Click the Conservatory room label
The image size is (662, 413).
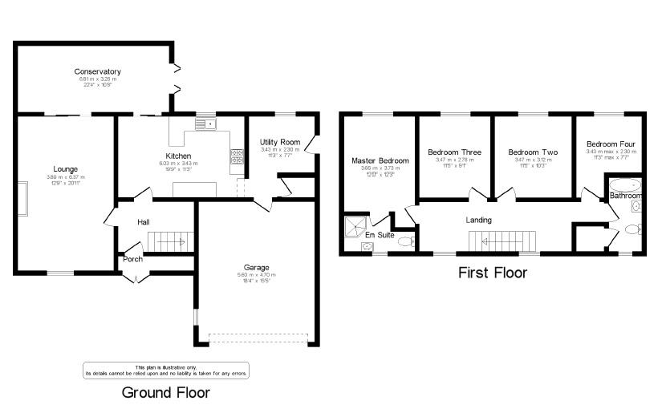pos(98,71)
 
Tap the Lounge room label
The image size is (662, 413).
pos(66,169)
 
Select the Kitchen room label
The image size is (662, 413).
pos(178,156)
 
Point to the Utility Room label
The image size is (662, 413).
pos(279,141)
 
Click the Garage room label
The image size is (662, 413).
pos(257,267)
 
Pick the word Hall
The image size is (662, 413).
pos(144,222)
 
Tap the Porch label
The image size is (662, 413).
pos(132,259)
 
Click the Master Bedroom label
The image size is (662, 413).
pos(380,160)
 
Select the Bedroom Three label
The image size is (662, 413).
pos(454,152)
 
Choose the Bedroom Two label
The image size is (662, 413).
pos(533,152)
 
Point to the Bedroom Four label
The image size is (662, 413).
pos(611,144)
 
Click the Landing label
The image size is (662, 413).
pos(479,220)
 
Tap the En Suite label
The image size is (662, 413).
pos(379,235)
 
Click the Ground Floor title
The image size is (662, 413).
pos(165,393)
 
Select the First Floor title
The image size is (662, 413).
pos(492,273)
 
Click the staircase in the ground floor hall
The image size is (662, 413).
pos(170,241)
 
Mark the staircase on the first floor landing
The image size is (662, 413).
pos(502,241)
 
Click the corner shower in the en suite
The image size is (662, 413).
pos(354,227)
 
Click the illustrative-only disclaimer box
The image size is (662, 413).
pos(166,370)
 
